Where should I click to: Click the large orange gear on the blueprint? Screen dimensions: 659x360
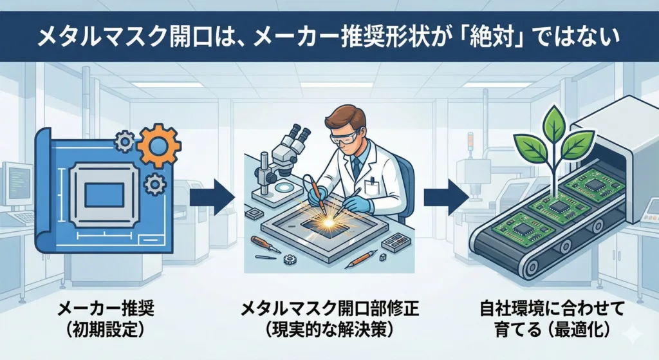[x=159, y=146]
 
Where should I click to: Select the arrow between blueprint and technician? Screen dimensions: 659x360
[x=212, y=197]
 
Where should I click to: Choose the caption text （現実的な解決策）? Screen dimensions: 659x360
[x=329, y=330]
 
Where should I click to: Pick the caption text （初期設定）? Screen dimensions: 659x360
[x=106, y=330]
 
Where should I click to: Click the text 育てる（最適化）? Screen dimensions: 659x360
[x=552, y=330]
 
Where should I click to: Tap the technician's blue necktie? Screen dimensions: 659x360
[x=356, y=167]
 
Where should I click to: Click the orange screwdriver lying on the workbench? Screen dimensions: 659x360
[x=265, y=244]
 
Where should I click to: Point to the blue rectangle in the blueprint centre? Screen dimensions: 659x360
[x=104, y=194]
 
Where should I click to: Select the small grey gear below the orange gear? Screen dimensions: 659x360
[x=154, y=184]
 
